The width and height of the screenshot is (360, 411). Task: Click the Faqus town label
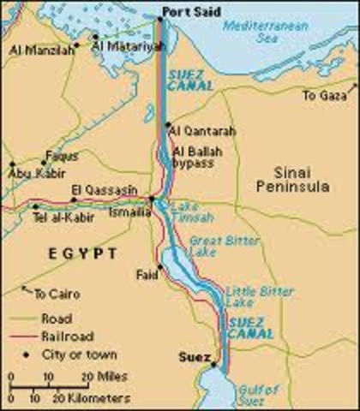[x=61, y=156]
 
